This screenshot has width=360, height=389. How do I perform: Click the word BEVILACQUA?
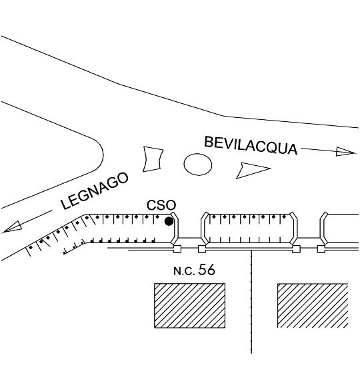coord(251,146)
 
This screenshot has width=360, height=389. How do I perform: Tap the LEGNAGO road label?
coord(95,191)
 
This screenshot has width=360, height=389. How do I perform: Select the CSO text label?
coord(161,205)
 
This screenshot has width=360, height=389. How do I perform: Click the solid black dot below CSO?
coord(169,221)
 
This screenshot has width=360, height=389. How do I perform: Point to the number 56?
coord(206,270)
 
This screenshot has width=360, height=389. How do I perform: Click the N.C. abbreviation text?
coord(184,271)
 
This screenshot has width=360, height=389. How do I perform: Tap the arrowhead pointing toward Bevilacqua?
coord(346,152)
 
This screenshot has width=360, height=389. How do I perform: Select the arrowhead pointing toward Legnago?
coord(12,227)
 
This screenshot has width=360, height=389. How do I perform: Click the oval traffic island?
coord(198,165)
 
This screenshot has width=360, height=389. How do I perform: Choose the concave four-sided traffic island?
coord(153,159)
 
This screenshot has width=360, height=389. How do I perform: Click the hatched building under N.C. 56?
coord(190,305)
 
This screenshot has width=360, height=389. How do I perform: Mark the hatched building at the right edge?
coord(313,305)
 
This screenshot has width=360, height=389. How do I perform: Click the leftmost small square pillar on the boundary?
coord(177,249)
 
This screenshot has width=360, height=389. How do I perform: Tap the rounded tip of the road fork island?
coord(103,155)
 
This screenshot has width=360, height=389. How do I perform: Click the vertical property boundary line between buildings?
coord(251,302)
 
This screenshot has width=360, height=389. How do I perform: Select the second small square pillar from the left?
coord(201,249)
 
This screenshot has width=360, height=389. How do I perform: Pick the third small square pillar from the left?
coord(296,249)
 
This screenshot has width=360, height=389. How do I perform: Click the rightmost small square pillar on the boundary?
coord(321,249)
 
